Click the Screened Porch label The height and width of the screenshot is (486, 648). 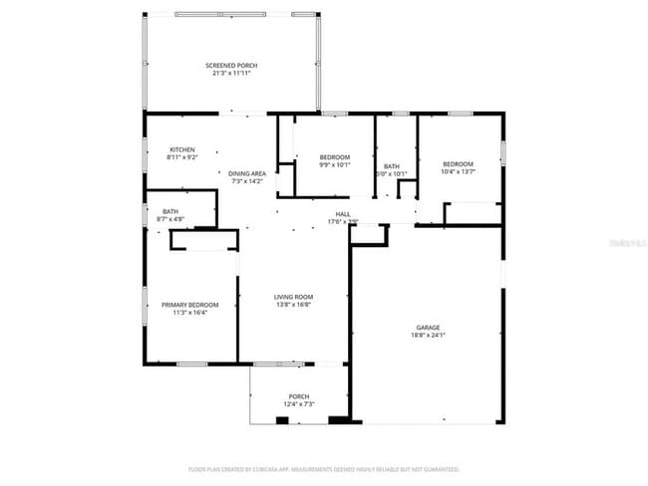(230, 66)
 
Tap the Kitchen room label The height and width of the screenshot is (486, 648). (181, 149)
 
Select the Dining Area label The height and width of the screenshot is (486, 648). (247, 173)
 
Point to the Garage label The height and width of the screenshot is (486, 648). (428, 327)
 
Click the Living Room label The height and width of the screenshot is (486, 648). (294, 296)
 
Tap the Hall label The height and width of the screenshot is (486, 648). (342, 214)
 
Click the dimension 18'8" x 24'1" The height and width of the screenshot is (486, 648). (428, 335)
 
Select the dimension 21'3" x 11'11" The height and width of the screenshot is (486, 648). (230, 74)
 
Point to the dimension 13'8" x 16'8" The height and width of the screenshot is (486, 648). (294, 304)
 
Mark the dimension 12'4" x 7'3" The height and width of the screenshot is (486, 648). (299, 404)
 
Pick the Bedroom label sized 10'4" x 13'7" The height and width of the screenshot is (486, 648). (458, 164)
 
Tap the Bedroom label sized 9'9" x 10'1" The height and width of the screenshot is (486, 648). (335, 157)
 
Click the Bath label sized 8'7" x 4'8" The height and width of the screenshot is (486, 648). (170, 211)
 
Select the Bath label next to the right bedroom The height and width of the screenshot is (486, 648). (392, 166)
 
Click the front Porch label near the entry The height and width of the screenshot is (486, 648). (299, 396)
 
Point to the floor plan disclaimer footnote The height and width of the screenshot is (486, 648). (323, 468)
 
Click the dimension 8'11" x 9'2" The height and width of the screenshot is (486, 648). (181, 157)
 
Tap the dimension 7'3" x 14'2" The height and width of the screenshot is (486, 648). (247, 181)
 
